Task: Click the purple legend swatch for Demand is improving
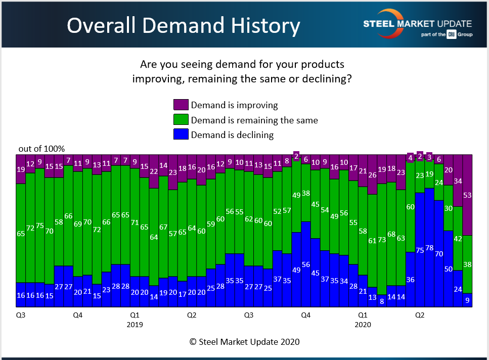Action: click(x=181, y=105)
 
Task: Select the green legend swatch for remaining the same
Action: click(x=181, y=120)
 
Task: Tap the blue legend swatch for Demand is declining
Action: click(x=181, y=134)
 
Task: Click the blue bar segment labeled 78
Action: click(x=429, y=247)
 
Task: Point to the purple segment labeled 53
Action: click(x=467, y=195)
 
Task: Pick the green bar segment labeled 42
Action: click(x=458, y=238)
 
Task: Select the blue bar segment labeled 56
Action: click(x=305, y=264)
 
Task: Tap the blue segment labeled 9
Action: click(x=467, y=300)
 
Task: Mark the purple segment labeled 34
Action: click(x=458, y=181)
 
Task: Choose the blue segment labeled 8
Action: click(x=382, y=301)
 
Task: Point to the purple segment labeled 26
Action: click(x=372, y=174)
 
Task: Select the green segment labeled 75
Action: click(x=39, y=226)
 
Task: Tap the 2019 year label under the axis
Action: click(x=135, y=325)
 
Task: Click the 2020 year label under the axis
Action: click(x=363, y=325)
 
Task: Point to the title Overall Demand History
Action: click(x=183, y=25)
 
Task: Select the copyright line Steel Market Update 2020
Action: click(x=245, y=342)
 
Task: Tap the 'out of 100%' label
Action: click(x=42, y=149)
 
